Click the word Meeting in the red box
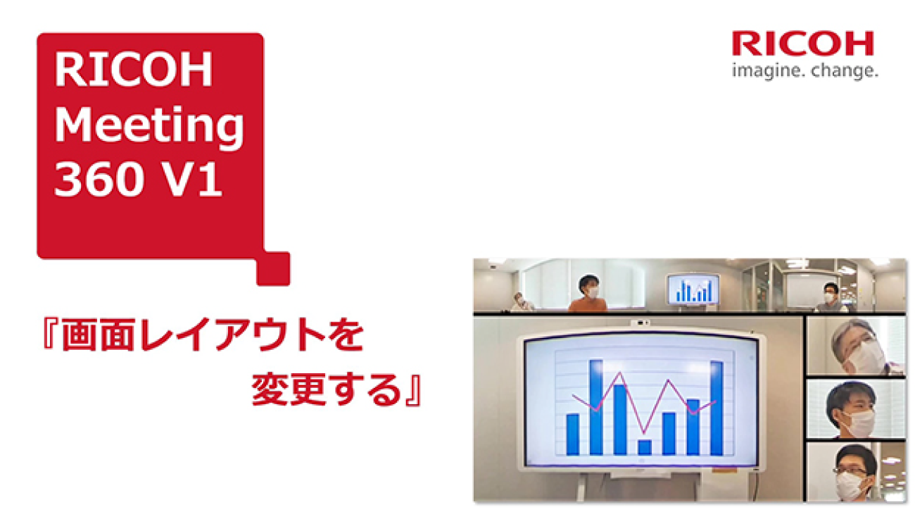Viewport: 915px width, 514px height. point(149,126)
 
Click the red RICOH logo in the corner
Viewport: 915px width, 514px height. point(802,44)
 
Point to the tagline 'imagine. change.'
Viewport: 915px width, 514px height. point(804,71)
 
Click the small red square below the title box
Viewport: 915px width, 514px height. point(273,268)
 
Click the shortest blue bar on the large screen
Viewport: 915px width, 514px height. point(644,446)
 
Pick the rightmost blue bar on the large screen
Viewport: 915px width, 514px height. point(717,408)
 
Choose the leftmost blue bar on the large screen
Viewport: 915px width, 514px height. point(572,434)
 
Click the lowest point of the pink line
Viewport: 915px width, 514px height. point(643,433)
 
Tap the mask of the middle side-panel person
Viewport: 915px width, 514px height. point(857,423)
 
